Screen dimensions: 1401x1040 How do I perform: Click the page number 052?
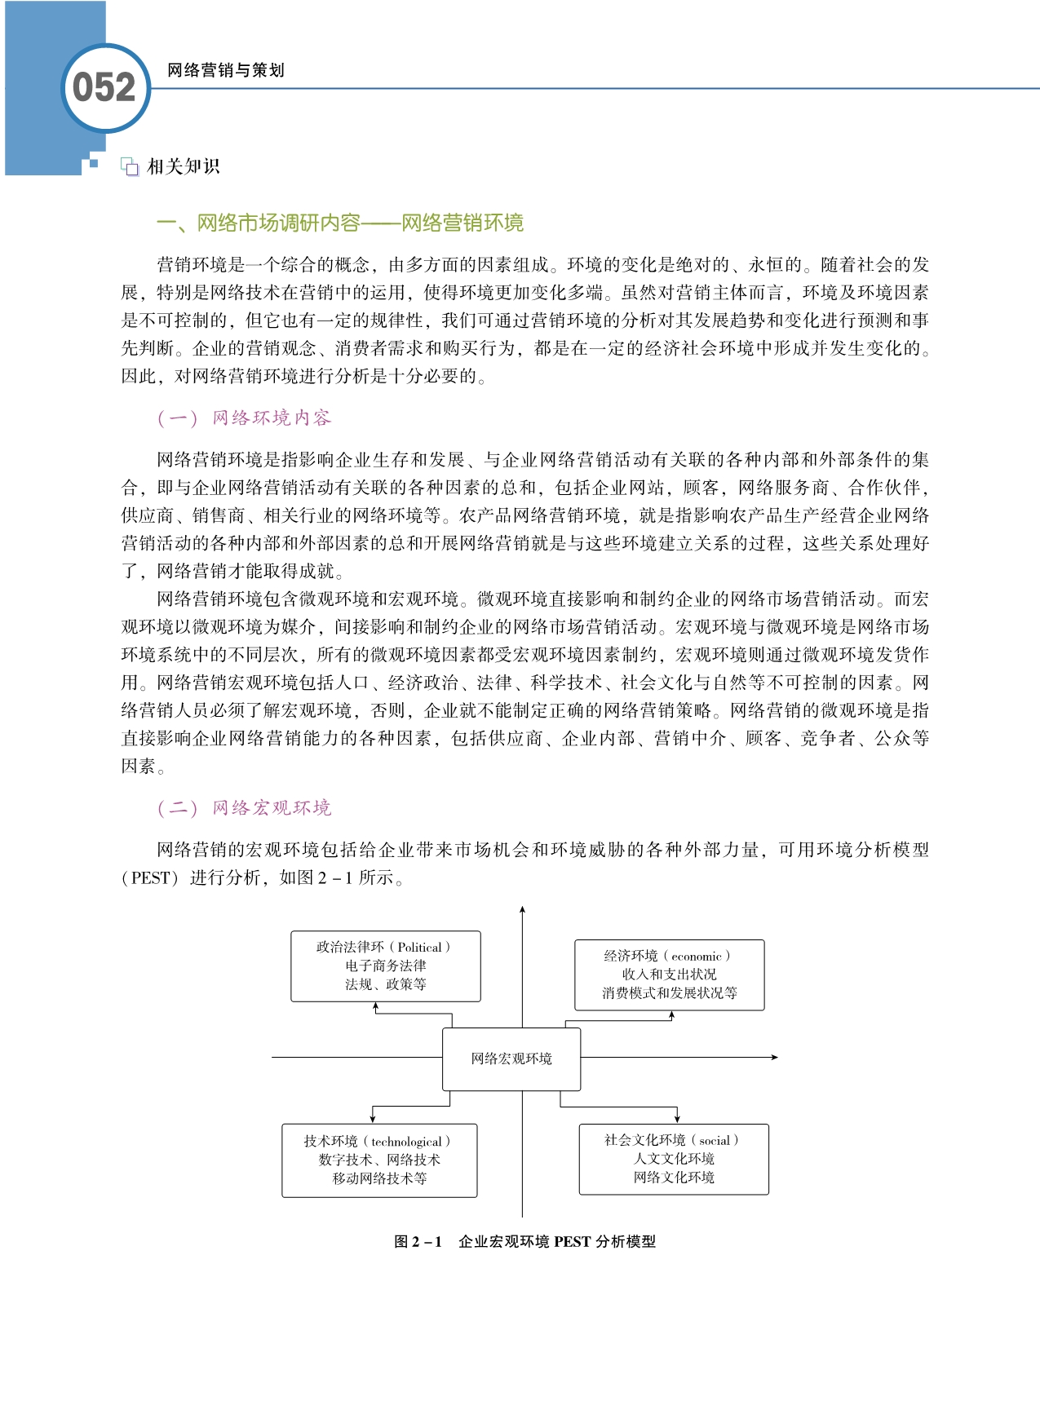coord(104,88)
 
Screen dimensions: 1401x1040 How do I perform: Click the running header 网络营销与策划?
coord(226,70)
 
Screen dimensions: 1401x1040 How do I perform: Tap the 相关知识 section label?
coord(184,166)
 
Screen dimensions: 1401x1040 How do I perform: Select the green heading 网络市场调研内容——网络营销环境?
coord(340,223)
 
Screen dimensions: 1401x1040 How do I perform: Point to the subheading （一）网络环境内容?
coord(244,418)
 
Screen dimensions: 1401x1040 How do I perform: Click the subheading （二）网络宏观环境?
coord(244,808)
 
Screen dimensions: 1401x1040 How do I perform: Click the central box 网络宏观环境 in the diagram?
coord(511,1058)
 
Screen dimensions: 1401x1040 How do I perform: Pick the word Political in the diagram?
coord(420,947)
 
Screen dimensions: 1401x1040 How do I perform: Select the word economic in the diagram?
coord(696,956)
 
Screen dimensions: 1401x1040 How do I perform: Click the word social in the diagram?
coord(715,1140)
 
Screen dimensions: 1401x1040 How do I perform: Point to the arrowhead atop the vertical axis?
coord(522,909)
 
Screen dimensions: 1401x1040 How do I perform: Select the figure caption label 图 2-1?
coord(418,1242)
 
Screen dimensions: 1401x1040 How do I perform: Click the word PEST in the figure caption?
coord(572,1242)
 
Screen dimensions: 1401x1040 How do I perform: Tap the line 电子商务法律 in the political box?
coord(385,966)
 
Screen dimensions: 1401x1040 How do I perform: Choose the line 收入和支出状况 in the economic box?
coord(669,975)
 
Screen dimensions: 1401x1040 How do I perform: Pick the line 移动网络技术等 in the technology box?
coord(379,1178)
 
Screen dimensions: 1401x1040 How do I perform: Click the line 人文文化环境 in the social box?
coord(674,1159)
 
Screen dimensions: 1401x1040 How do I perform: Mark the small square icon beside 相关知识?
coord(130,167)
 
